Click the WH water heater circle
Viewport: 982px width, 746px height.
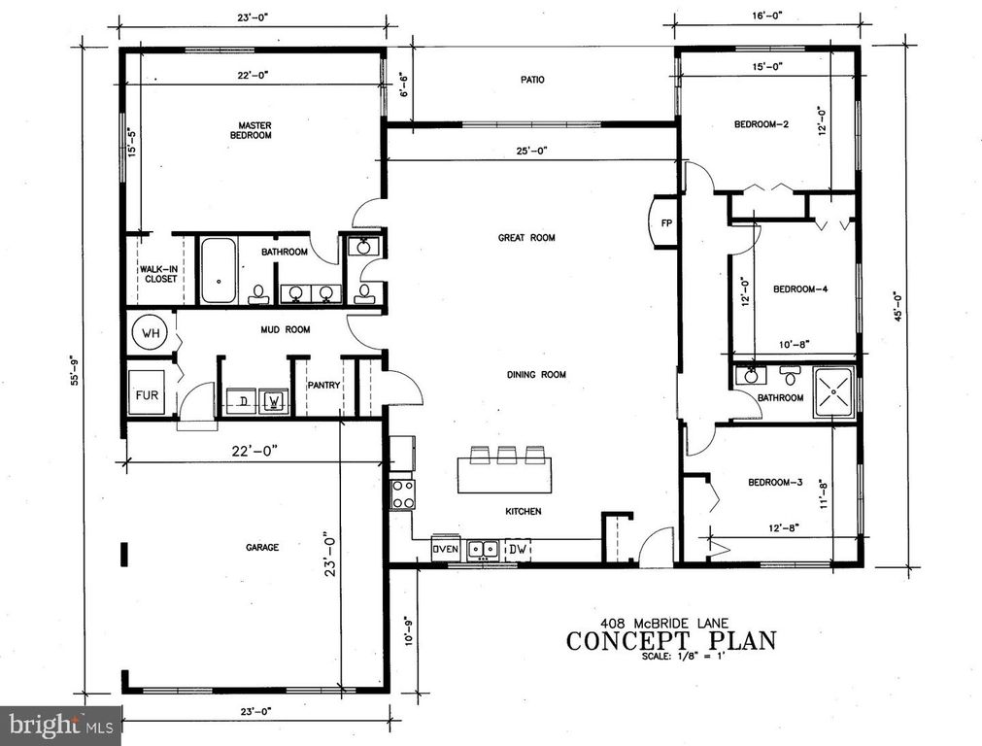(150, 333)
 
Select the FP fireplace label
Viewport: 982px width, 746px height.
(666, 222)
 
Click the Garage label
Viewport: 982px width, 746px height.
(262, 547)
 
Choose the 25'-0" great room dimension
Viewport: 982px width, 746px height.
(532, 151)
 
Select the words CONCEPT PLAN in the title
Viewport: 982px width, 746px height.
(671, 640)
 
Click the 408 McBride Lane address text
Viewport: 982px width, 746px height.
(671, 623)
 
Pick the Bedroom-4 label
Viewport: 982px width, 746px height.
(799, 288)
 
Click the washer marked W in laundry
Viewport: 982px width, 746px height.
(274, 398)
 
